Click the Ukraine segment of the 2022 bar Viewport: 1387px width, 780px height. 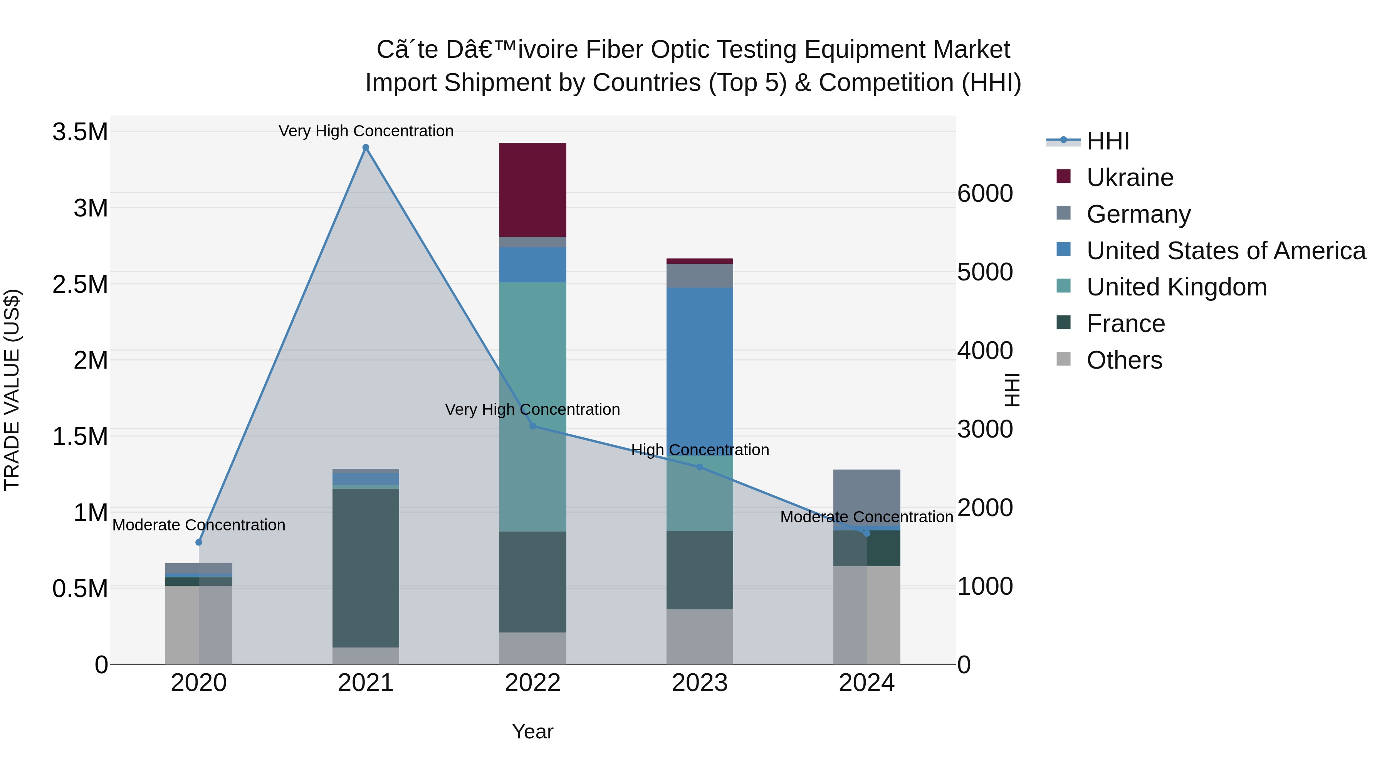(x=532, y=190)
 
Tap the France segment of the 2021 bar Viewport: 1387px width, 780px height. (x=366, y=567)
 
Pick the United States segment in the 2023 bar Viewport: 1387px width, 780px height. (x=699, y=366)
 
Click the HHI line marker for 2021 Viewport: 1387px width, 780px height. (x=366, y=148)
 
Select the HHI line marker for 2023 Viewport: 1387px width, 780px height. (x=699, y=467)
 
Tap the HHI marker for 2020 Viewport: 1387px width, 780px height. (x=199, y=542)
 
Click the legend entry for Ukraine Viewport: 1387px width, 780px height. (x=1129, y=178)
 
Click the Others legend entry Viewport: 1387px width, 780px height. (x=1124, y=360)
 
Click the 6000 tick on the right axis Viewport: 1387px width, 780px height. (x=985, y=193)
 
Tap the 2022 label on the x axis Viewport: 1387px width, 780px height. (x=532, y=683)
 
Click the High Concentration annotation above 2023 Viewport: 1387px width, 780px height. (x=699, y=450)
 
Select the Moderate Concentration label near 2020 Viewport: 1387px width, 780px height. (x=199, y=525)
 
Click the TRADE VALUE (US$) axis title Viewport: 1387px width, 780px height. (x=12, y=390)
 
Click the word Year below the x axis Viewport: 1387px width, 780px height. (x=532, y=731)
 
